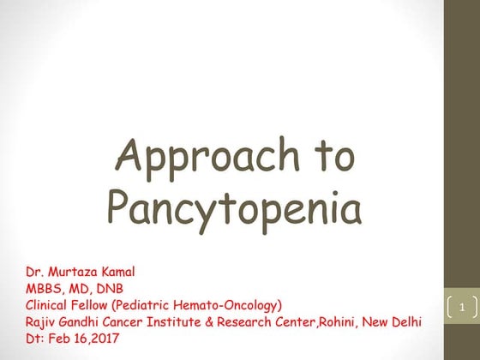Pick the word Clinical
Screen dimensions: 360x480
[x=50, y=304]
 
